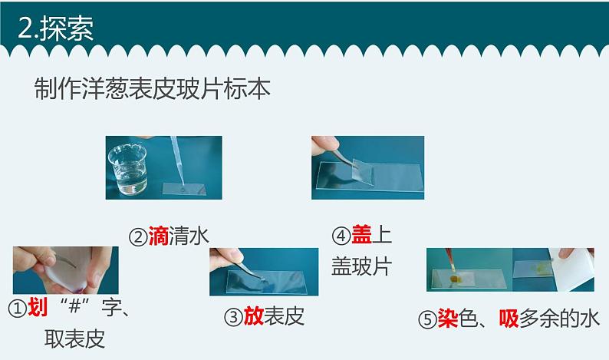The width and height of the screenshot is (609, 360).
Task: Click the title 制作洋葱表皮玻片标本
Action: coord(153,88)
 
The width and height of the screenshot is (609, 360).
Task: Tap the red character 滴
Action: coord(158,236)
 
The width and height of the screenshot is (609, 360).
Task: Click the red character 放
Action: coord(254,315)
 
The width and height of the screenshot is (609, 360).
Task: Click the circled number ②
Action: coord(138,237)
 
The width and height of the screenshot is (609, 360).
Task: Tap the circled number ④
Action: coord(341,236)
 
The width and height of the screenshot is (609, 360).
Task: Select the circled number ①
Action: coord(18,309)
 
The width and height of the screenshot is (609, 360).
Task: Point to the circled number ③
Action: coord(234,315)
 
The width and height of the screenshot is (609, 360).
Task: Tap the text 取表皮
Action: coord(74,339)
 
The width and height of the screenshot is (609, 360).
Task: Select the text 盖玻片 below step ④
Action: coord(361,266)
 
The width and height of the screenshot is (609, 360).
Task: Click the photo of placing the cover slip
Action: coord(367,167)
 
